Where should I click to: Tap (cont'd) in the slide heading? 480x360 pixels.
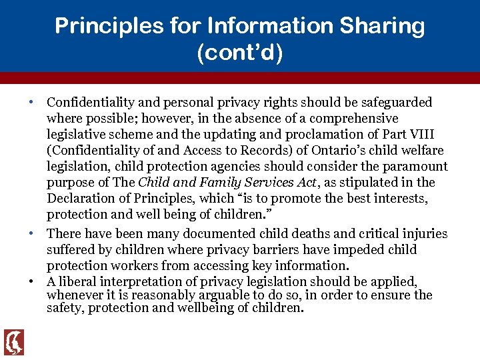[240, 53]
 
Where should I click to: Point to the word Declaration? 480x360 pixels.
[79, 198]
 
